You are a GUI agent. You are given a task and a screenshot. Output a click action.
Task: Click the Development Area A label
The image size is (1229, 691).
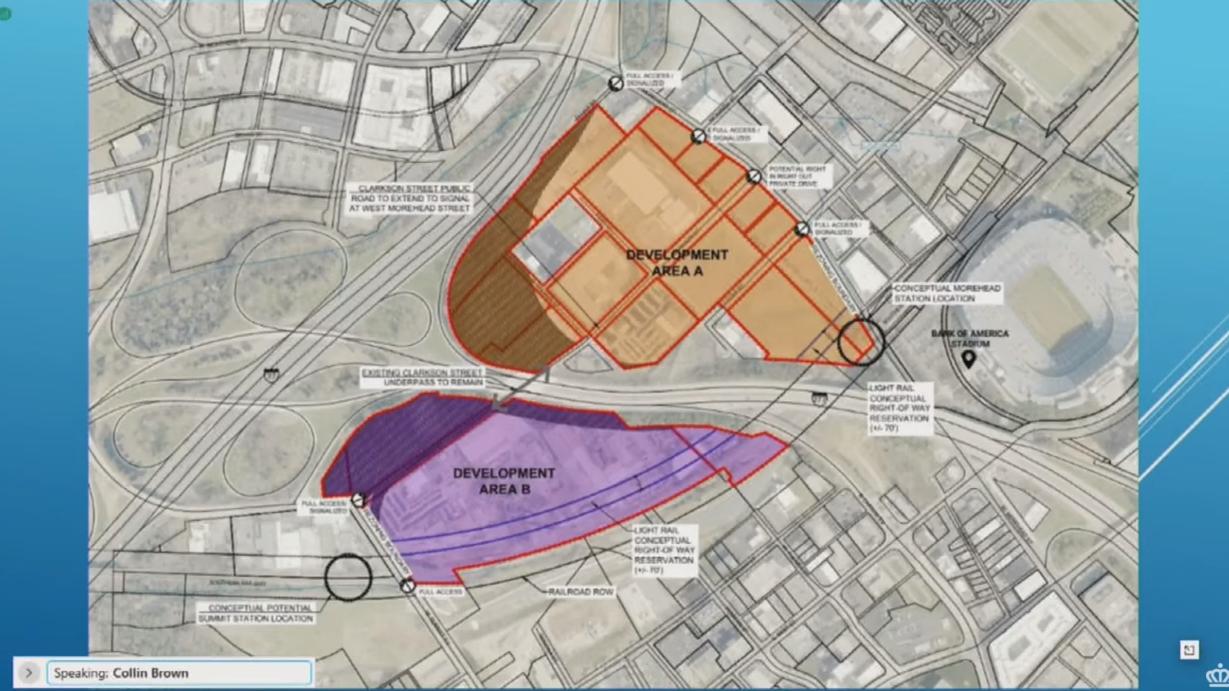pos(677,263)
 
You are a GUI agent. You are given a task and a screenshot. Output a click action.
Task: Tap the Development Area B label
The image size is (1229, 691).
pos(504,481)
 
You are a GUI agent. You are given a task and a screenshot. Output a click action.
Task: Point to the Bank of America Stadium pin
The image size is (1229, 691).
pos(968,360)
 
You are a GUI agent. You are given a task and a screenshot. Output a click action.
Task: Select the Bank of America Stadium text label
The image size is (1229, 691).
pos(970,338)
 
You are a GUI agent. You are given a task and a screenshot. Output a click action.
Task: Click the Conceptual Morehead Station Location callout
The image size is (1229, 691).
pos(947,293)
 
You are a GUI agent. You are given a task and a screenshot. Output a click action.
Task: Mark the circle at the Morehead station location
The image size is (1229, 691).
pos(861,342)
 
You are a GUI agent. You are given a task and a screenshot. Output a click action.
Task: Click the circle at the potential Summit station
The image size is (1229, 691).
pos(348,577)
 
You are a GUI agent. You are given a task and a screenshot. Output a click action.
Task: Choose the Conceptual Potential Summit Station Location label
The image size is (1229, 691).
pos(256,613)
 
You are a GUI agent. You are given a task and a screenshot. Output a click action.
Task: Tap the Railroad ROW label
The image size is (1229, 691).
pos(581,592)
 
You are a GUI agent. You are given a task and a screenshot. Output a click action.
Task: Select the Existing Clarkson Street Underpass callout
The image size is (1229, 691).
pos(422,377)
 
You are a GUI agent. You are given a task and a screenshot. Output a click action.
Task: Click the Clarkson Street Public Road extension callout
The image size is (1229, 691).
pos(410,198)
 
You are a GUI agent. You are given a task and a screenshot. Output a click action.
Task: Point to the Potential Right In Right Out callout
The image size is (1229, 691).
pos(797,176)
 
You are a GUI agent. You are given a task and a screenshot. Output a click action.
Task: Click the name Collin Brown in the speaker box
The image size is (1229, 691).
pos(150,673)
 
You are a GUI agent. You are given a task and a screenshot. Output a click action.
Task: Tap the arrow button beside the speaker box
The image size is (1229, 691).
pos(29,672)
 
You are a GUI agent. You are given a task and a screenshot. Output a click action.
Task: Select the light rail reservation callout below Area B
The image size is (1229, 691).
pos(664,550)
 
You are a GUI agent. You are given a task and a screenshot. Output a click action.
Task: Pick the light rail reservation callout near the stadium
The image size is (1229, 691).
pos(899,408)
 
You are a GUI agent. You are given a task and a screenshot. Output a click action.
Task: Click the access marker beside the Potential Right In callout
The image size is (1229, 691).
pos(754,176)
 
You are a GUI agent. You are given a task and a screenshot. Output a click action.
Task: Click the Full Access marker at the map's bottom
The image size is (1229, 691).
pos(408,585)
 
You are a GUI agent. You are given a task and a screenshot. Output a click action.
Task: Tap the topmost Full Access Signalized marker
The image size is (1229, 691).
pos(616,83)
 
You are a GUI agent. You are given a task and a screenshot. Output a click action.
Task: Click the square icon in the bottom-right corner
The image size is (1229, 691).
pos(1189,650)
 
